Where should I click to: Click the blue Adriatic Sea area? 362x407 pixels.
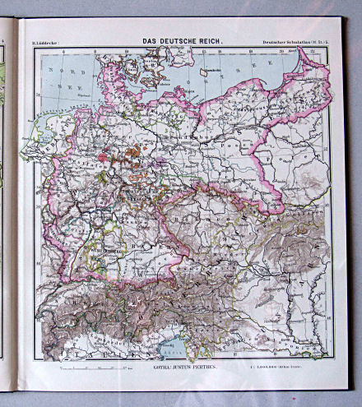pos(173,349)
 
